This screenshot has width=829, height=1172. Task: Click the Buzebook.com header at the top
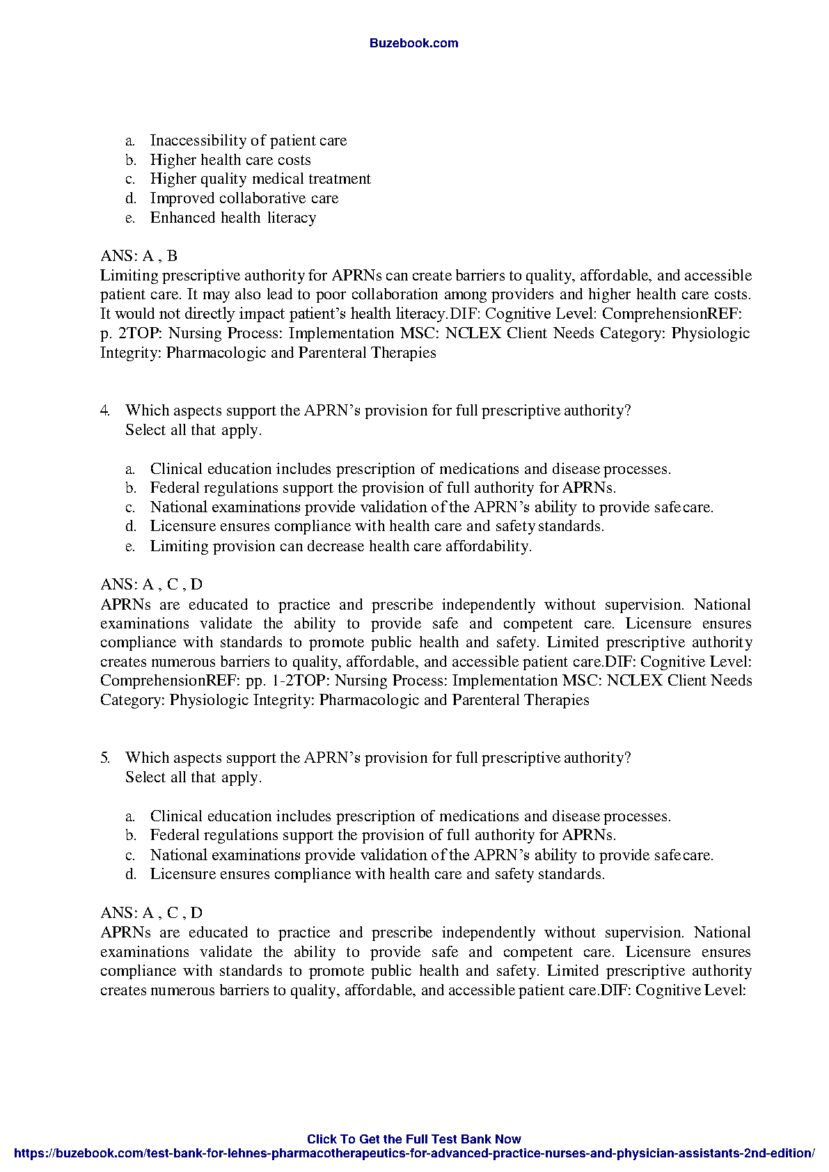[413, 43]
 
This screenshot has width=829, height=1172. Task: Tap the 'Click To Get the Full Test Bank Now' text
[413, 1139]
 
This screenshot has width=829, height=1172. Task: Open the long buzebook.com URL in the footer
[413, 1153]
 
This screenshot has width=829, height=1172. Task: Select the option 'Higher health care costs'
[230, 160]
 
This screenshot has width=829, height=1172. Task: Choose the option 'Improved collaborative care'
[244, 198]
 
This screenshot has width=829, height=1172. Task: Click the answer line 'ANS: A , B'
[139, 256]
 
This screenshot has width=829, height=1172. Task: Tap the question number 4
[104, 411]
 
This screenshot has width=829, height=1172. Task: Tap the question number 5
[104, 758]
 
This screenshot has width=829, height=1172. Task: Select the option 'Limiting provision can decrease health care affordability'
[341, 546]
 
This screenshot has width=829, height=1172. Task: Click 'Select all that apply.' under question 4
[194, 430]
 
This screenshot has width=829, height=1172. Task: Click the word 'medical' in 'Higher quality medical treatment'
[278, 179]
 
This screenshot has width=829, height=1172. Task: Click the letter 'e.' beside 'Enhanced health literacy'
[130, 219]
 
